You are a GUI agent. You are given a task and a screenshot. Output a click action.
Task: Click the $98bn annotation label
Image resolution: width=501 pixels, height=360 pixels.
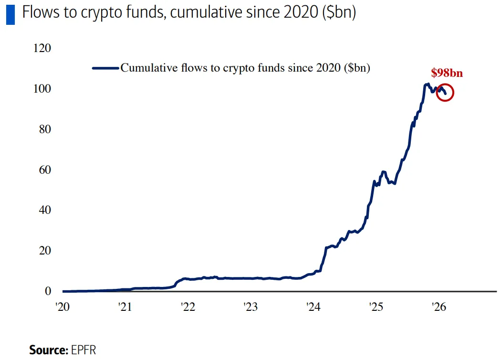447,73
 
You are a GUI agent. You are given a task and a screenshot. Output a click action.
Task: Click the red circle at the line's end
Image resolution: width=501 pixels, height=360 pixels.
445,93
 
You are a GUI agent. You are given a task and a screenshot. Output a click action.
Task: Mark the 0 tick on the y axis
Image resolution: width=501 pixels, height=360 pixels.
47,291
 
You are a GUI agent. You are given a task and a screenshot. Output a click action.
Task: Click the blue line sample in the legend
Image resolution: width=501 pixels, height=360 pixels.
105,68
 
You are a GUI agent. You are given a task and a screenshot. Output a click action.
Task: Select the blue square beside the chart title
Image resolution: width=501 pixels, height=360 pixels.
10,14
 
